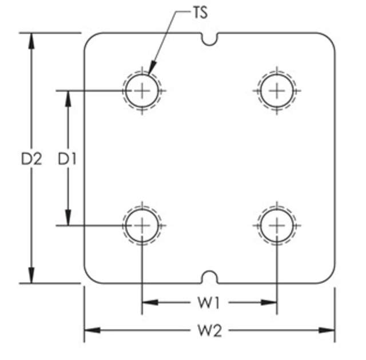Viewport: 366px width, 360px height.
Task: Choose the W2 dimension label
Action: point(209,330)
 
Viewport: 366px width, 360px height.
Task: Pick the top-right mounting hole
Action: point(277,90)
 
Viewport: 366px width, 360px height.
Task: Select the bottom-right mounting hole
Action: point(277,225)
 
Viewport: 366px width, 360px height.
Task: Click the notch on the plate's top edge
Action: point(210,38)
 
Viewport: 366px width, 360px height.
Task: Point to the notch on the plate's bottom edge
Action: point(210,277)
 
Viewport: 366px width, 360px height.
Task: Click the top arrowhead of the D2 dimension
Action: point(31,39)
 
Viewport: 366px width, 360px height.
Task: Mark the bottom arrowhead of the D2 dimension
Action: point(31,276)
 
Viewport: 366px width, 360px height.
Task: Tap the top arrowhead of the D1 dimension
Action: point(68,97)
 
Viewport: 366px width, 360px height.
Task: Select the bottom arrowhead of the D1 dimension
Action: point(68,219)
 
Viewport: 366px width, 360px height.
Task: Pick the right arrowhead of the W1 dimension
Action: point(270,302)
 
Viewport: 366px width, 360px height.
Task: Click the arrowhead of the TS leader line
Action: point(150,71)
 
